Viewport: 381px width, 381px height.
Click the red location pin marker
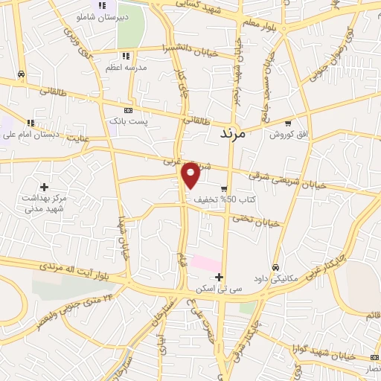191,175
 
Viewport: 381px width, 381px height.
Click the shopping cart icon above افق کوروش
288,124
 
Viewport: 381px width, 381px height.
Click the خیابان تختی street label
257,221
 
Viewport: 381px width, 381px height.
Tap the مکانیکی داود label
275,279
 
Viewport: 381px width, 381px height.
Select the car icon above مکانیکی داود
275,267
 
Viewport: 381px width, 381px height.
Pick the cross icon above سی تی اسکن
219,277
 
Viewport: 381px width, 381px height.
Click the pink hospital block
206,263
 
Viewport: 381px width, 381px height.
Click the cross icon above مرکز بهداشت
44,186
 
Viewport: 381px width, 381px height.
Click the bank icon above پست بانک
128,109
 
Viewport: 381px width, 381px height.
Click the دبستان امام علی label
31,135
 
